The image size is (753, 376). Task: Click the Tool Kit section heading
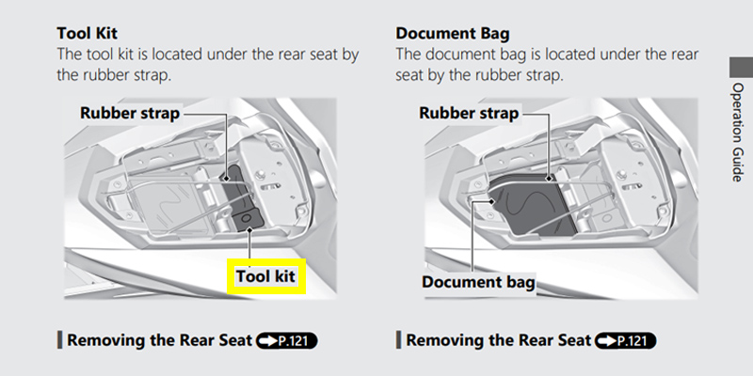click(87, 34)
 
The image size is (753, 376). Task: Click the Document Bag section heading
click(453, 34)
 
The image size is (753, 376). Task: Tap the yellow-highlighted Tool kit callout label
click(265, 276)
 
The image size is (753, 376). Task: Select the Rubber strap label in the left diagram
click(130, 113)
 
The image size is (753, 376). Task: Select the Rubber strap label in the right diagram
click(469, 113)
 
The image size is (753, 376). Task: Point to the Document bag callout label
click(478, 282)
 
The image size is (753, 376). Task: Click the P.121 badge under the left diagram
click(287, 341)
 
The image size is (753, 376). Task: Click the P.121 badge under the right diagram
click(625, 341)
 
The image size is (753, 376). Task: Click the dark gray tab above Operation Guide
click(741, 67)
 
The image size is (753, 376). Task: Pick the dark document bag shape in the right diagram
click(531, 205)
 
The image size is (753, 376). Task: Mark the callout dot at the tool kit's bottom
click(249, 229)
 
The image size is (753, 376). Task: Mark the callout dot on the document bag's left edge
click(491, 201)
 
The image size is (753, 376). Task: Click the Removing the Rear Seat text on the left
click(159, 340)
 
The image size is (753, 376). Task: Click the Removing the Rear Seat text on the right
click(499, 340)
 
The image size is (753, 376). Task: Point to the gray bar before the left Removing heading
click(59, 340)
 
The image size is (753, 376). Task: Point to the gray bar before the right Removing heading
click(398, 340)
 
